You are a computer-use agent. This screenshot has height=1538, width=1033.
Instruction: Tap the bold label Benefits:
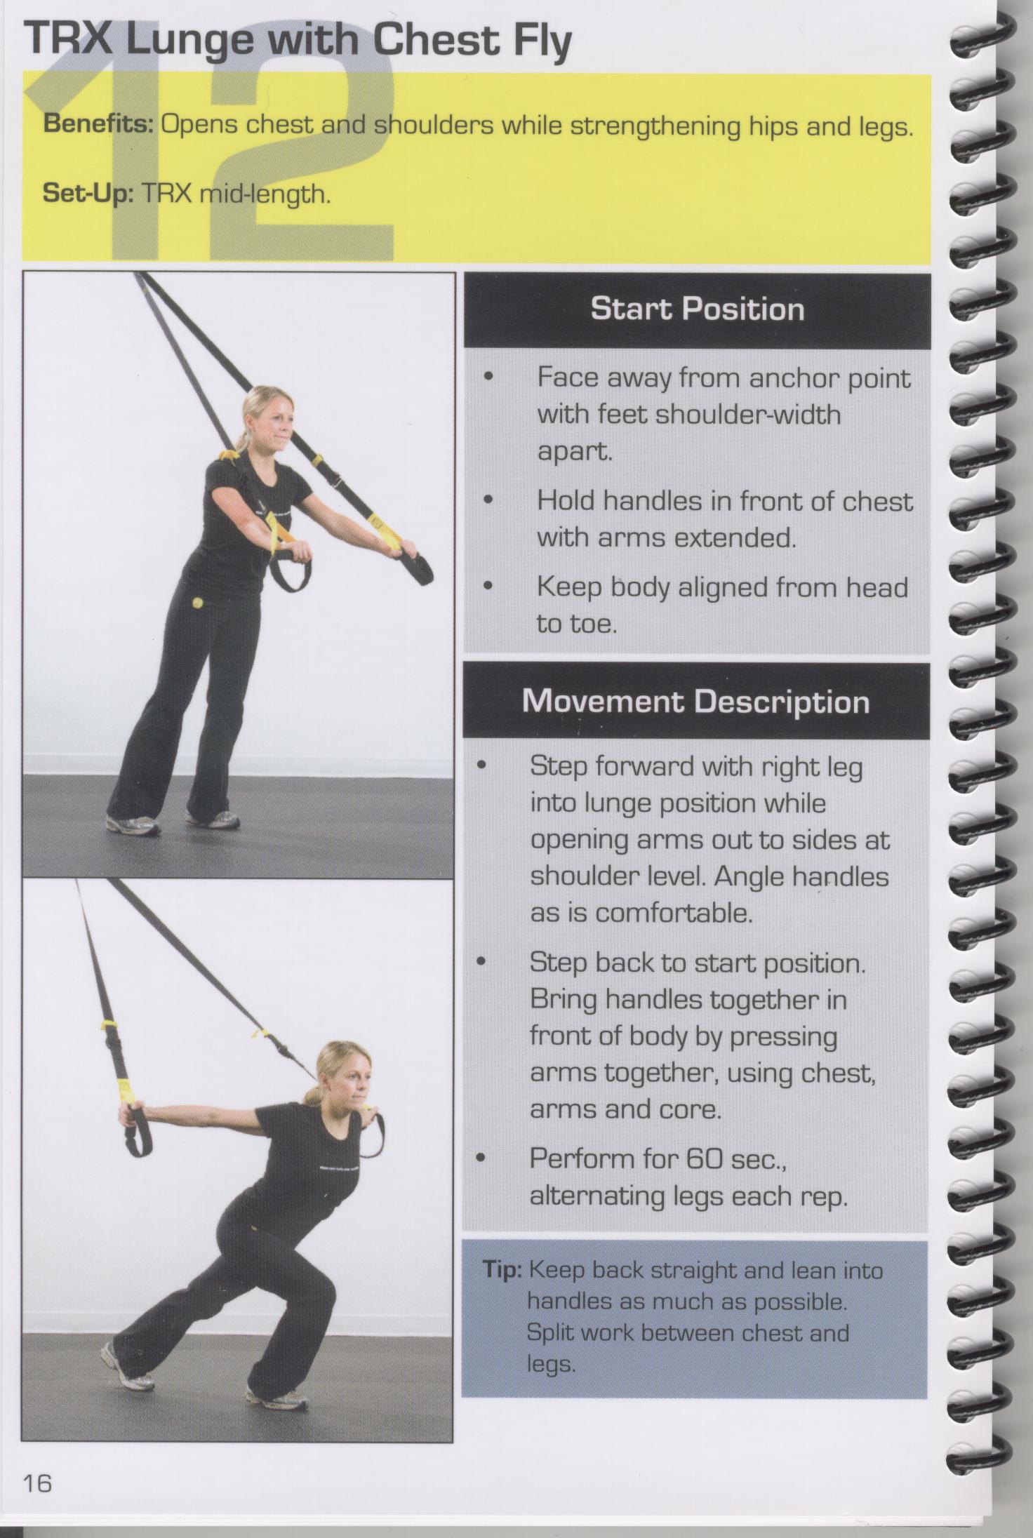(x=99, y=125)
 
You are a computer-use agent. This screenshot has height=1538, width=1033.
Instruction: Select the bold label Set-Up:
(x=88, y=192)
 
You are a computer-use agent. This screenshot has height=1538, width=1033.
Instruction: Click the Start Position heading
(x=697, y=309)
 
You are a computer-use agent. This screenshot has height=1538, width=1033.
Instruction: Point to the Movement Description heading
(x=695, y=701)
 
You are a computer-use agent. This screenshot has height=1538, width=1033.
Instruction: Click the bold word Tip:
(x=502, y=1270)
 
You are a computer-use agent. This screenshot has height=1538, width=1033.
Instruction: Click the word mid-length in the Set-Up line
(x=265, y=194)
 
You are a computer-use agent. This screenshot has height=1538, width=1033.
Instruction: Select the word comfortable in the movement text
(x=674, y=914)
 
